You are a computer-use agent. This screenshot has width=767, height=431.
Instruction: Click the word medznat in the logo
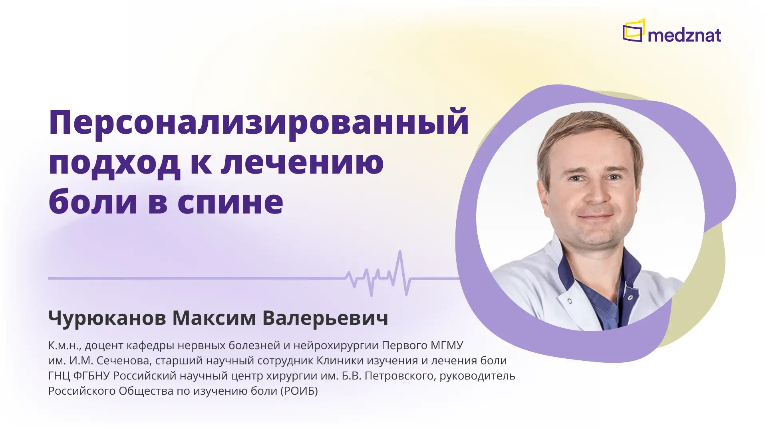pyautogui.click(x=684, y=35)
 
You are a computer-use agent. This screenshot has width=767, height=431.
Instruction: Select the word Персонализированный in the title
pyautogui.click(x=258, y=123)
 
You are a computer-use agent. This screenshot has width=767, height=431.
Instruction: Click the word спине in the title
pyautogui.click(x=230, y=202)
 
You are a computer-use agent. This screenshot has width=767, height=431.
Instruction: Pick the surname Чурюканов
pyautogui.click(x=107, y=318)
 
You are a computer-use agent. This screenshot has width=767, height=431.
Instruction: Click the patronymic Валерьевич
pyautogui.click(x=325, y=318)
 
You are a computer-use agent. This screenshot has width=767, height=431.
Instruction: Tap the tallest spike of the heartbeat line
pyautogui.click(x=400, y=255)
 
